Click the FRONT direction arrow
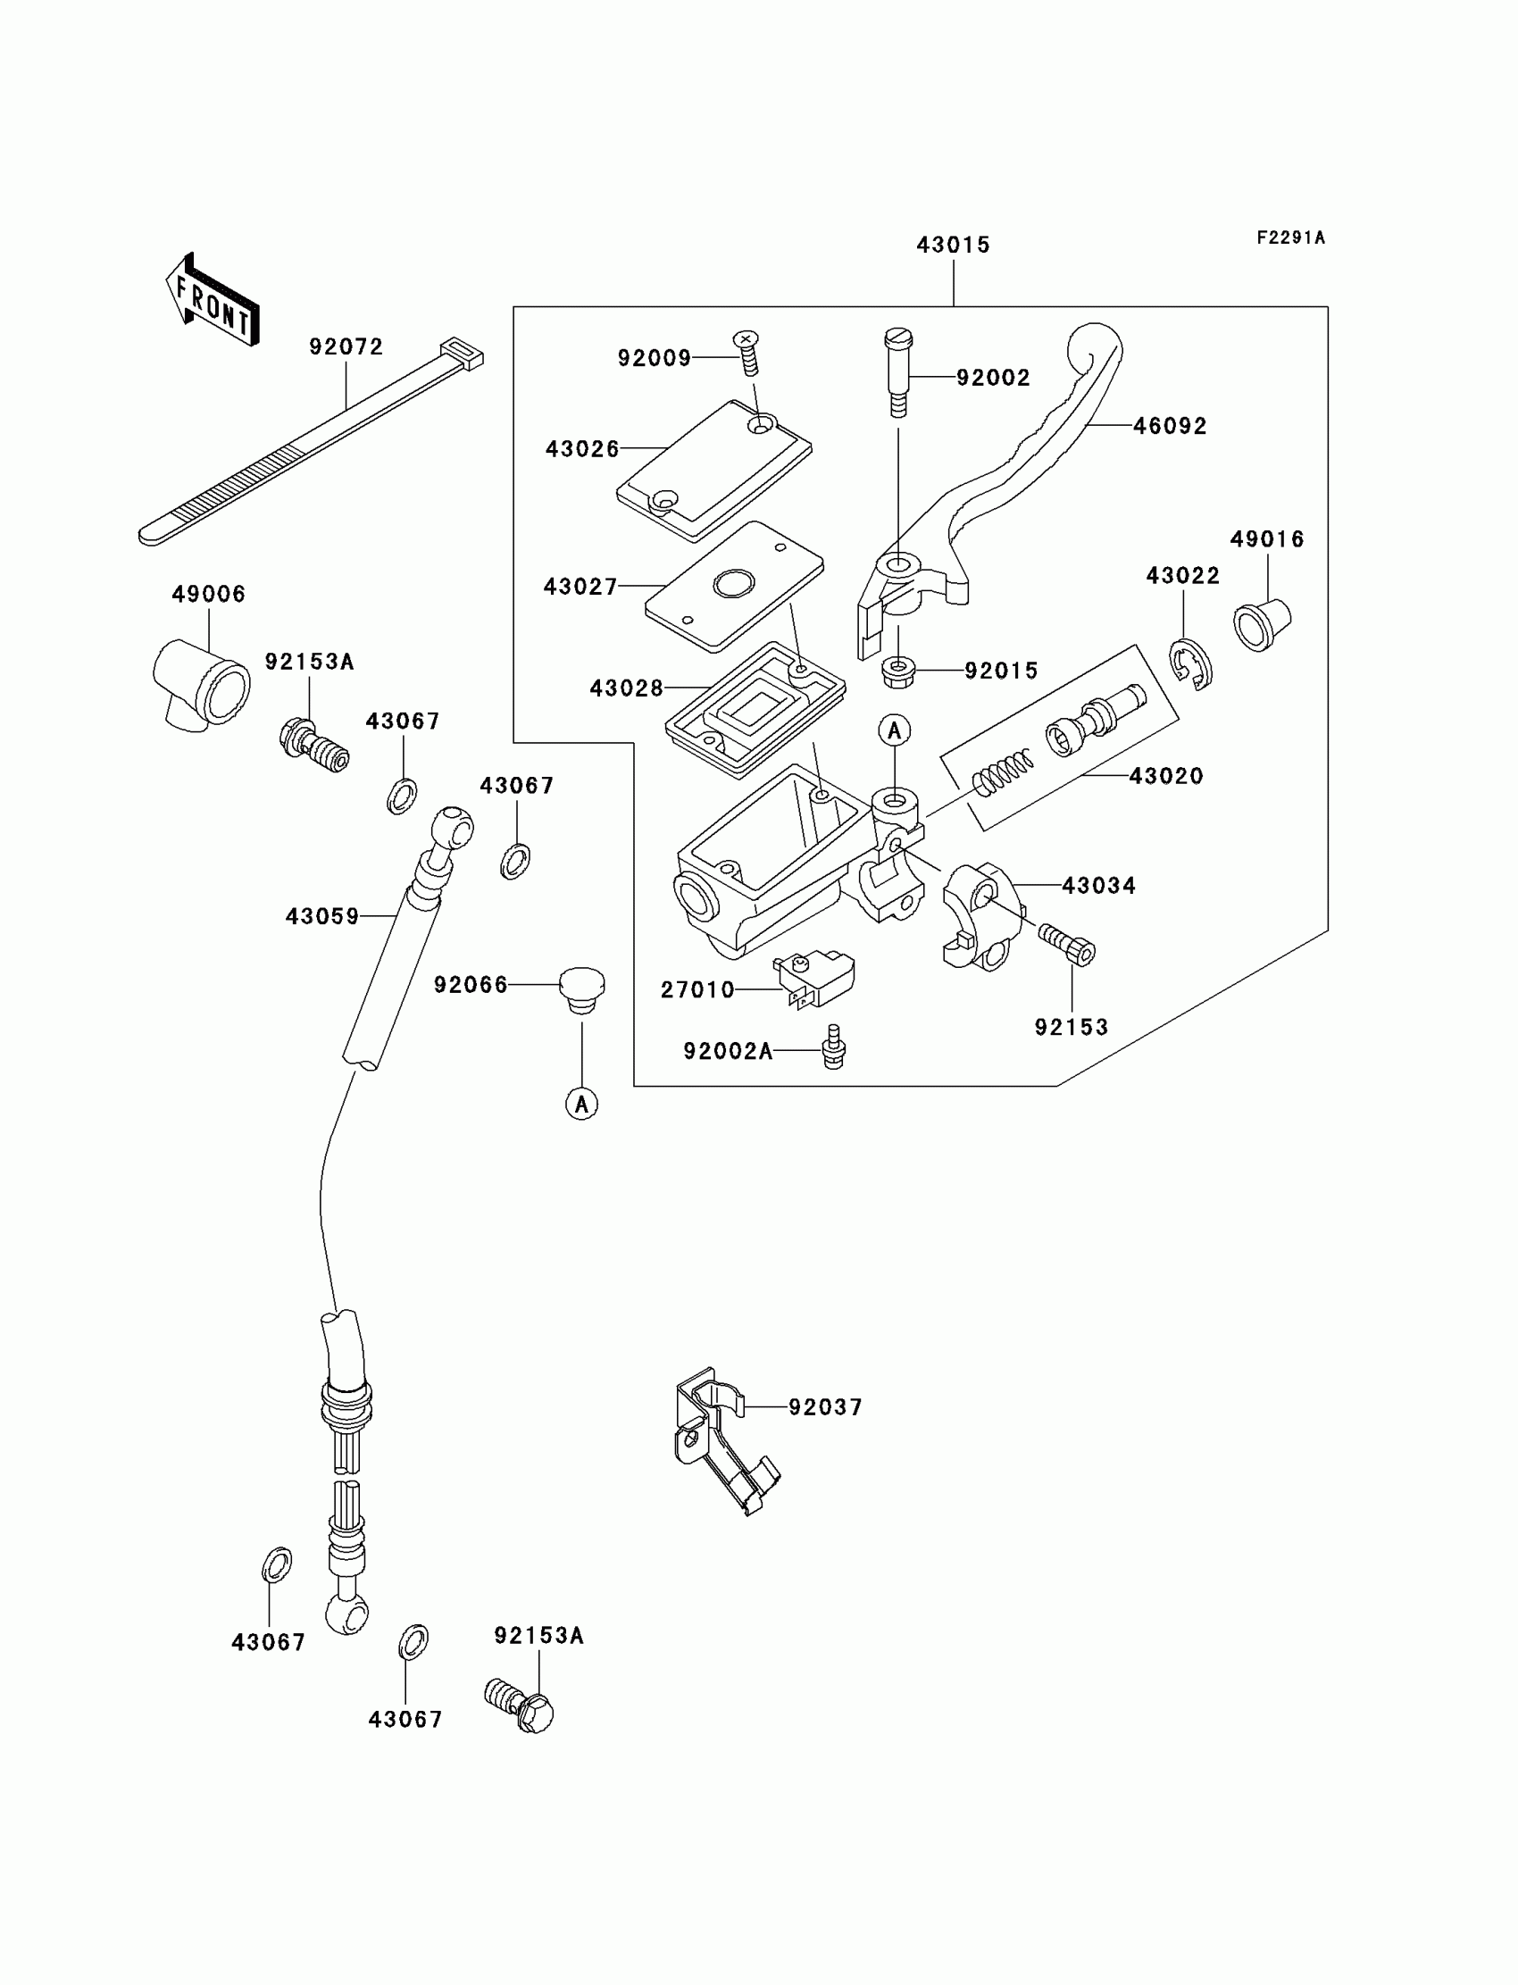[213, 299]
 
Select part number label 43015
[954, 245]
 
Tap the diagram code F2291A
[1290, 238]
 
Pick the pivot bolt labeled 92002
[897, 372]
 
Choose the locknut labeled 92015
[898, 671]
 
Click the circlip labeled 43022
[1192, 665]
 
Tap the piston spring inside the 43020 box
[1003, 772]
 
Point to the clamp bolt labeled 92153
[1067, 944]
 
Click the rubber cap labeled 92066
[582, 990]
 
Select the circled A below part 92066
[582, 1103]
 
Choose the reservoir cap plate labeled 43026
[713, 470]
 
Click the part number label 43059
[322, 916]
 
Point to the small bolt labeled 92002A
[834, 1047]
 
